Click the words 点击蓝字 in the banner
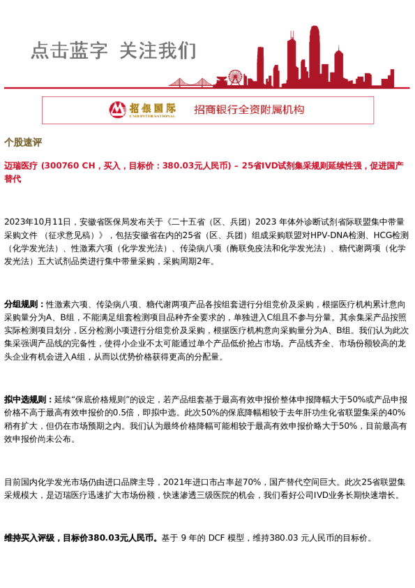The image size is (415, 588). [69, 51]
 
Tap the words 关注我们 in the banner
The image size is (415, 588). [158, 51]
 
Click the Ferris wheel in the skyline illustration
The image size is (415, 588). [235, 77]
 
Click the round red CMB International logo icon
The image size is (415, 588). [117, 110]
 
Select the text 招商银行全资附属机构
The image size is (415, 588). [249, 110]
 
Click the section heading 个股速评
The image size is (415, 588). [23, 142]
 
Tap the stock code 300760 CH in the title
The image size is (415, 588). [68, 166]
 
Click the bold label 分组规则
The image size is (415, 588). [23, 304]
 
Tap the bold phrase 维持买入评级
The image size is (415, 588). [29, 538]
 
